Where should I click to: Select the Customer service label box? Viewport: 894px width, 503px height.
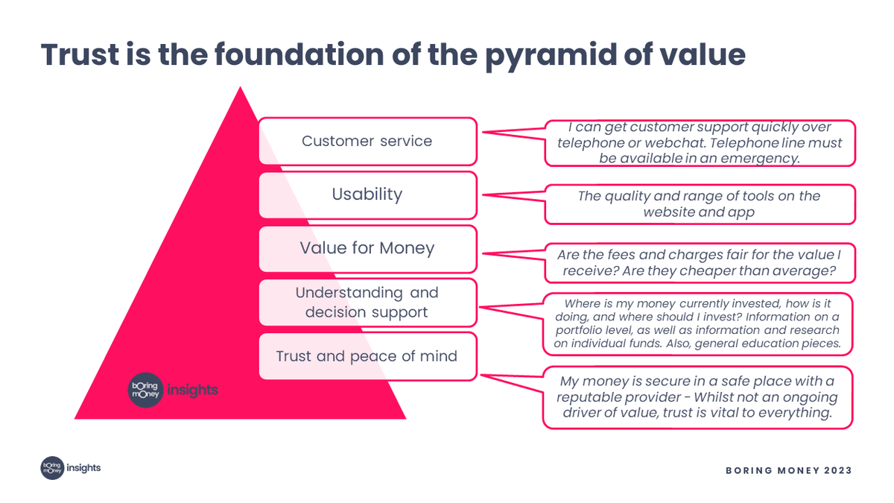[x=367, y=141]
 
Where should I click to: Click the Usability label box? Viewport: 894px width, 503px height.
[x=367, y=194]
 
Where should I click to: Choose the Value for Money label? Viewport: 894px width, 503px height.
[x=367, y=248]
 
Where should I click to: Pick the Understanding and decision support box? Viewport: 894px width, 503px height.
[x=367, y=302]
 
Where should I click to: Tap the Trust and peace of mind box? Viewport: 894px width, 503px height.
[x=367, y=356]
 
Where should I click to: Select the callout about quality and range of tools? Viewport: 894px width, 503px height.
[x=700, y=203]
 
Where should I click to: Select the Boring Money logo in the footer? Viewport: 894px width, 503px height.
[x=52, y=468]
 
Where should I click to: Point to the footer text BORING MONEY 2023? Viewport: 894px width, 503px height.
[x=789, y=470]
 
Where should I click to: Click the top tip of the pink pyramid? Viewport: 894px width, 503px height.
[x=241, y=89]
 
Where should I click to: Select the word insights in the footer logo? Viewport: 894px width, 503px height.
[x=83, y=468]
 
